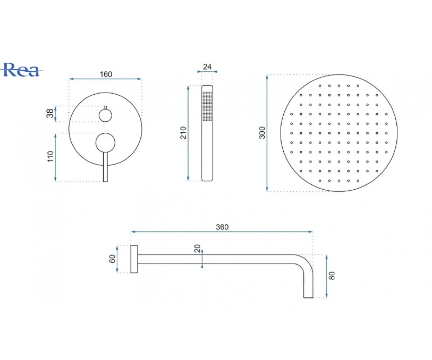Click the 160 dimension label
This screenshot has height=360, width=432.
click(x=106, y=74)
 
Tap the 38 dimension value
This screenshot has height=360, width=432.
click(x=50, y=114)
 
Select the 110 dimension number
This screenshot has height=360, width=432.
click(x=50, y=156)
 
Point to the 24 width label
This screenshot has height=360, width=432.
click(x=207, y=67)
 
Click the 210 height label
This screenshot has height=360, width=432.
click(x=184, y=132)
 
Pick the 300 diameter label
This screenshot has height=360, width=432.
click(x=262, y=132)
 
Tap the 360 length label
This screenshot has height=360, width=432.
click(x=222, y=227)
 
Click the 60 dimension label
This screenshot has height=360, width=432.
click(x=112, y=259)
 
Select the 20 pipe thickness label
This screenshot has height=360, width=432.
click(x=198, y=248)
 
